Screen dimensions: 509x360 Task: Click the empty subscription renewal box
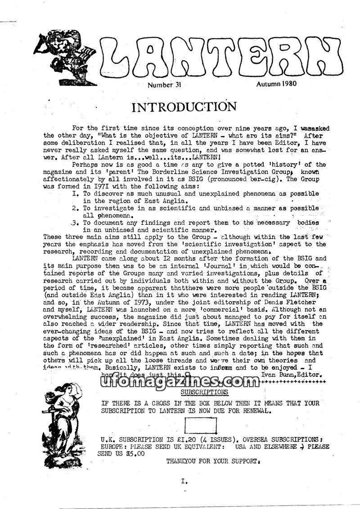201,425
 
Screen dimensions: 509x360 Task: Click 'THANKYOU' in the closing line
184,461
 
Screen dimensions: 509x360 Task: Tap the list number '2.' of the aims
75,209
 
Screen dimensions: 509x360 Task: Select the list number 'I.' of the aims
75,193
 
